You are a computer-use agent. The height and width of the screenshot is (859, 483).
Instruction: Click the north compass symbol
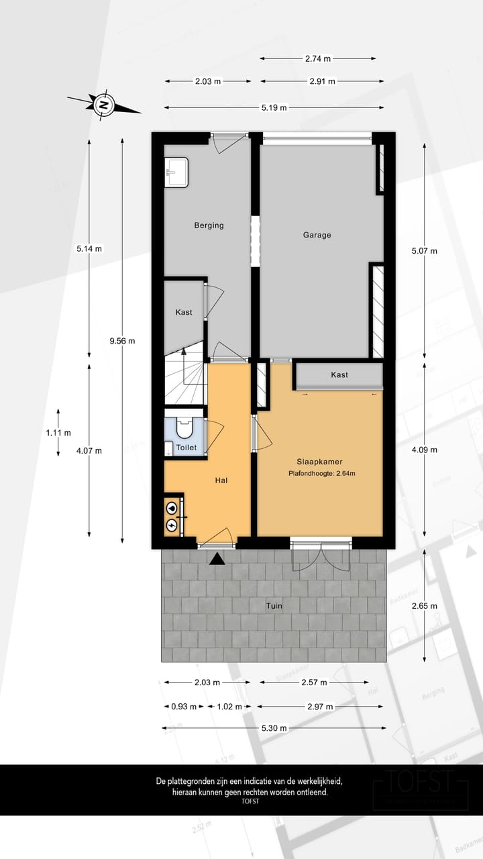click(103, 105)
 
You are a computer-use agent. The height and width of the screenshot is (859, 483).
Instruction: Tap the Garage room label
click(317, 235)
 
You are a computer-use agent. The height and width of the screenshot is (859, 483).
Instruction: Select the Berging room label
click(209, 225)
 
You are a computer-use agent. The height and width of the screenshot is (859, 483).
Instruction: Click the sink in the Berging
click(176, 172)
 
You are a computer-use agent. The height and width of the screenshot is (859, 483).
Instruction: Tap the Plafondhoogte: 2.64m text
click(321, 474)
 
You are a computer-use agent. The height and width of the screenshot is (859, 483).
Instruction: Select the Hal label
click(222, 481)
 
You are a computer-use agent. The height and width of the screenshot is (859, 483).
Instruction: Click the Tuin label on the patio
click(274, 606)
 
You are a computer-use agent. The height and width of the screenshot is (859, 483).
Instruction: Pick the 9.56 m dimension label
click(122, 340)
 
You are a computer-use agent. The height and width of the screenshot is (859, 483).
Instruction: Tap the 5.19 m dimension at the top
click(274, 107)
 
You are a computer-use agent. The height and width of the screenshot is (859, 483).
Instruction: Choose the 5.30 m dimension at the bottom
click(274, 728)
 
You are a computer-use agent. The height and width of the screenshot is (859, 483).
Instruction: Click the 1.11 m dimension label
click(58, 433)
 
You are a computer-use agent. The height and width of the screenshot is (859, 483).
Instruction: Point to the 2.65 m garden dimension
click(424, 606)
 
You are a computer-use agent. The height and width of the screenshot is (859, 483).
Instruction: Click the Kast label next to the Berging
click(184, 312)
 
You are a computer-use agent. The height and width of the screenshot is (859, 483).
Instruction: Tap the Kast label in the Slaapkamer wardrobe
click(339, 374)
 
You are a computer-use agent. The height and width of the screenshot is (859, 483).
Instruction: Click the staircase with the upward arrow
click(184, 381)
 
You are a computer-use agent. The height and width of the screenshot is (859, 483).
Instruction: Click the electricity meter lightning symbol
click(172, 525)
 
